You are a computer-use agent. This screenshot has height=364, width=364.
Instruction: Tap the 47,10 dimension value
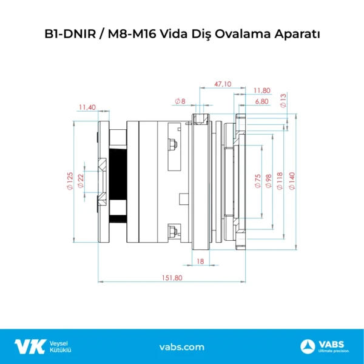(223, 84)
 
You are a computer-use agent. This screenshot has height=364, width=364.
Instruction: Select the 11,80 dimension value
(262, 90)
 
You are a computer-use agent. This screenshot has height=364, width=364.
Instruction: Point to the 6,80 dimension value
(262, 101)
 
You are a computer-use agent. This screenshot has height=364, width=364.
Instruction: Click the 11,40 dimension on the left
(87, 107)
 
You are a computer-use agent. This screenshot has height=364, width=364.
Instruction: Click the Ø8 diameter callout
(180, 101)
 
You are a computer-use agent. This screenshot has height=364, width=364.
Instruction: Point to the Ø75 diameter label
(257, 182)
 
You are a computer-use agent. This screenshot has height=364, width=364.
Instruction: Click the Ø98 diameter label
(268, 182)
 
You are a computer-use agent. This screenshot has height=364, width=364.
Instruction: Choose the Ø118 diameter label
(280, 182)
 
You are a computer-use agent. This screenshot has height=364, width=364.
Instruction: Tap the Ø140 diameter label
(292, 182)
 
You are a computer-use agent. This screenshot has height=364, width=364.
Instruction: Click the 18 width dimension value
(201, 261)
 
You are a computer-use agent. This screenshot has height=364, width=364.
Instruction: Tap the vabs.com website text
(181, 347)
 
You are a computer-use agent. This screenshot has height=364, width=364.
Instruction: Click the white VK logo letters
(30, 346)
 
